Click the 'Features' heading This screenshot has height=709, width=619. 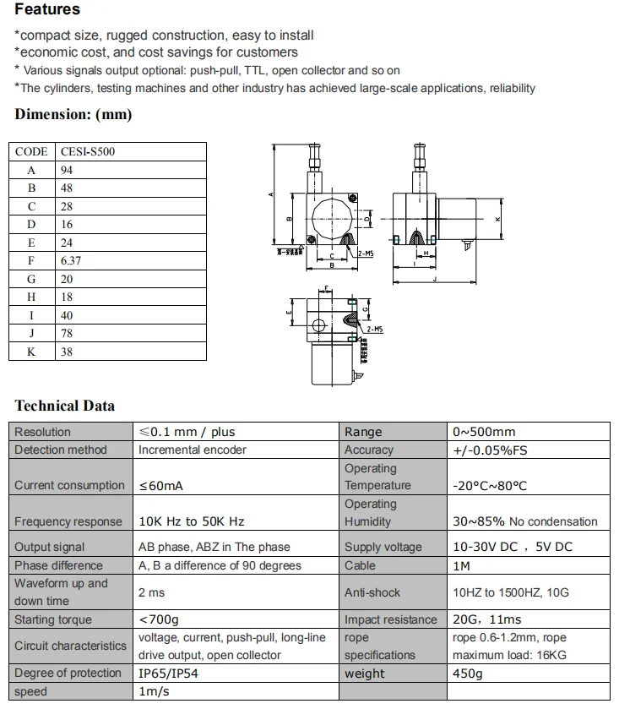point(47,10)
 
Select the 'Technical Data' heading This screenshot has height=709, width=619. point(64,406)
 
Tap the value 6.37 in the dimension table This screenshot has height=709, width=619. point(71,261)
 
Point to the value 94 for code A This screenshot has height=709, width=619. point(68,170)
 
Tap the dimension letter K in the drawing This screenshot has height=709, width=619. point(498,219)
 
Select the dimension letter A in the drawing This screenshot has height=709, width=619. point(271,194)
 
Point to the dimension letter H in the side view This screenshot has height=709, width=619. point(426,253)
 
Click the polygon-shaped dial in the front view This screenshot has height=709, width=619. point(331,217)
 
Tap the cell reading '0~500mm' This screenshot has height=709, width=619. point(484,432)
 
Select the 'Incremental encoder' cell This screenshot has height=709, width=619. point(193,450)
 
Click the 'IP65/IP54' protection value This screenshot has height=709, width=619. point(168,674)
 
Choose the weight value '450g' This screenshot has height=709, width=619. point(468,674)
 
